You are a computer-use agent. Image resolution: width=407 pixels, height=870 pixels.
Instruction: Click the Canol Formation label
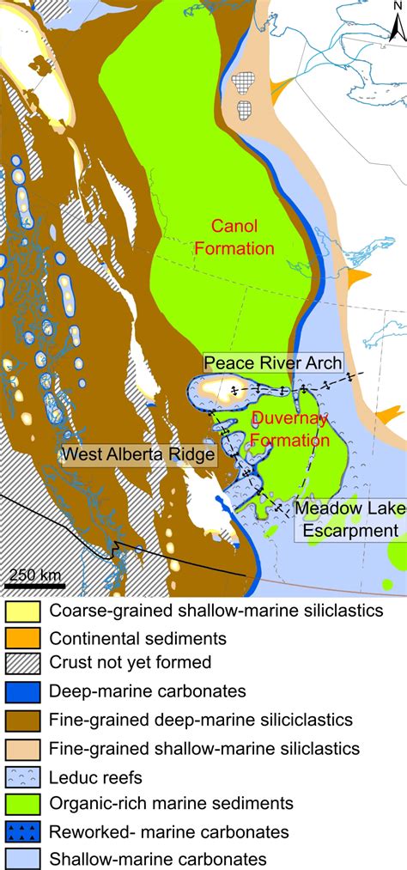click(x=234, y=236)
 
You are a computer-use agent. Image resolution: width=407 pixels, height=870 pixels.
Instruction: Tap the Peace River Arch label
click(x=272, y=362)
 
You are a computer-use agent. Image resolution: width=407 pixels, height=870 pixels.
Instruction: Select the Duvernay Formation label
click(x=289, y=429)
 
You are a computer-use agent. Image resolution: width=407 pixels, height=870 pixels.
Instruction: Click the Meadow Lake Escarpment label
click(x=348, y=519)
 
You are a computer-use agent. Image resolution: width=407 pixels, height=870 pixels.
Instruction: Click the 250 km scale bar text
click(x=35, y=573)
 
